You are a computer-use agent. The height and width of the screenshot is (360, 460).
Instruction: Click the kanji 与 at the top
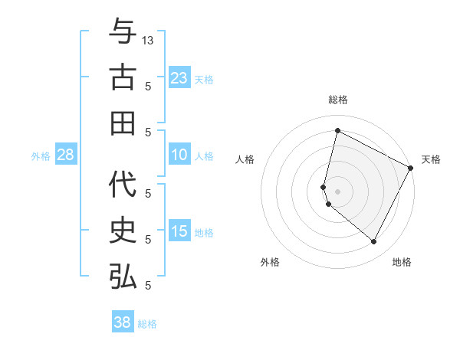(x=123, y=33)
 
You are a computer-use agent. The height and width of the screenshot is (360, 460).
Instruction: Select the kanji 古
(x=123, y=78)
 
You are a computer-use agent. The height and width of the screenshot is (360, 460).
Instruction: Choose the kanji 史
(x=123, y=231)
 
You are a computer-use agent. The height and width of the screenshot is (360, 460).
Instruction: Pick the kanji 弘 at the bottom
(x=123, y=277)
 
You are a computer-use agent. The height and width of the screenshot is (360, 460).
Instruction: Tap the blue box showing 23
(x=179, y=78)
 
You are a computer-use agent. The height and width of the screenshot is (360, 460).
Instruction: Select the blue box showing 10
(x=179, y=155)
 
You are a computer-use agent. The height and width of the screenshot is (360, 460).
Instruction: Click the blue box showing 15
(x=179, y=232)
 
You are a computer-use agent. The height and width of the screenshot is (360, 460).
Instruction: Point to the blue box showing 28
(x=65, y=155)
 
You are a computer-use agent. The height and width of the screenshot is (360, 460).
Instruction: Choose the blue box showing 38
(x=122, y=322)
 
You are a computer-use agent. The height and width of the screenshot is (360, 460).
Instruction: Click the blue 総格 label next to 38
(x=147, y=324)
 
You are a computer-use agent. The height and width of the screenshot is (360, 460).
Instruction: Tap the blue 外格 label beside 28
(x=41, y=156)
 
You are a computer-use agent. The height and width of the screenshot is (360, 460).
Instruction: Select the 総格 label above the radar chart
(x=337, y=100)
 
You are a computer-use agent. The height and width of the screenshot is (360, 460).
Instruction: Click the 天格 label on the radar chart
(x=431, y=159)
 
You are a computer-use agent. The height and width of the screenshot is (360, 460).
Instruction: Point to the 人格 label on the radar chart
(x=245, y=159)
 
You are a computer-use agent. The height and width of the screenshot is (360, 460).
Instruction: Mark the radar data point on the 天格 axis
(x=411, y=168)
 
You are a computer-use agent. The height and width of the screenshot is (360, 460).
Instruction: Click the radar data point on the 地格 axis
(x=374, y=242)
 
